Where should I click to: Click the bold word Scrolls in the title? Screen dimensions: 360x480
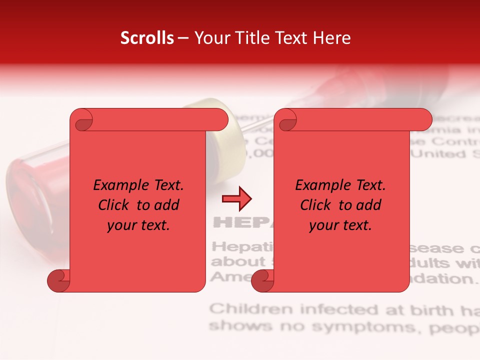click(147, 38)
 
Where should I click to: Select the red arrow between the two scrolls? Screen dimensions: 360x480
click(236, 199)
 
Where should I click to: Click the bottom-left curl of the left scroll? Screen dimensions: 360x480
click(58, 280)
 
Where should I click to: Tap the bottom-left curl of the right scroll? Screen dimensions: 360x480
click(262, 280)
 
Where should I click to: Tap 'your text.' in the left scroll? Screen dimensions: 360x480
click(138, 225)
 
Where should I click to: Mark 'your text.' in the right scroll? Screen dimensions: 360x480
click(340, 225)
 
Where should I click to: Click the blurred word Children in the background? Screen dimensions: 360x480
click(251, 309)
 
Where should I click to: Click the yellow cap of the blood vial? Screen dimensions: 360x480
click(220, 135)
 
